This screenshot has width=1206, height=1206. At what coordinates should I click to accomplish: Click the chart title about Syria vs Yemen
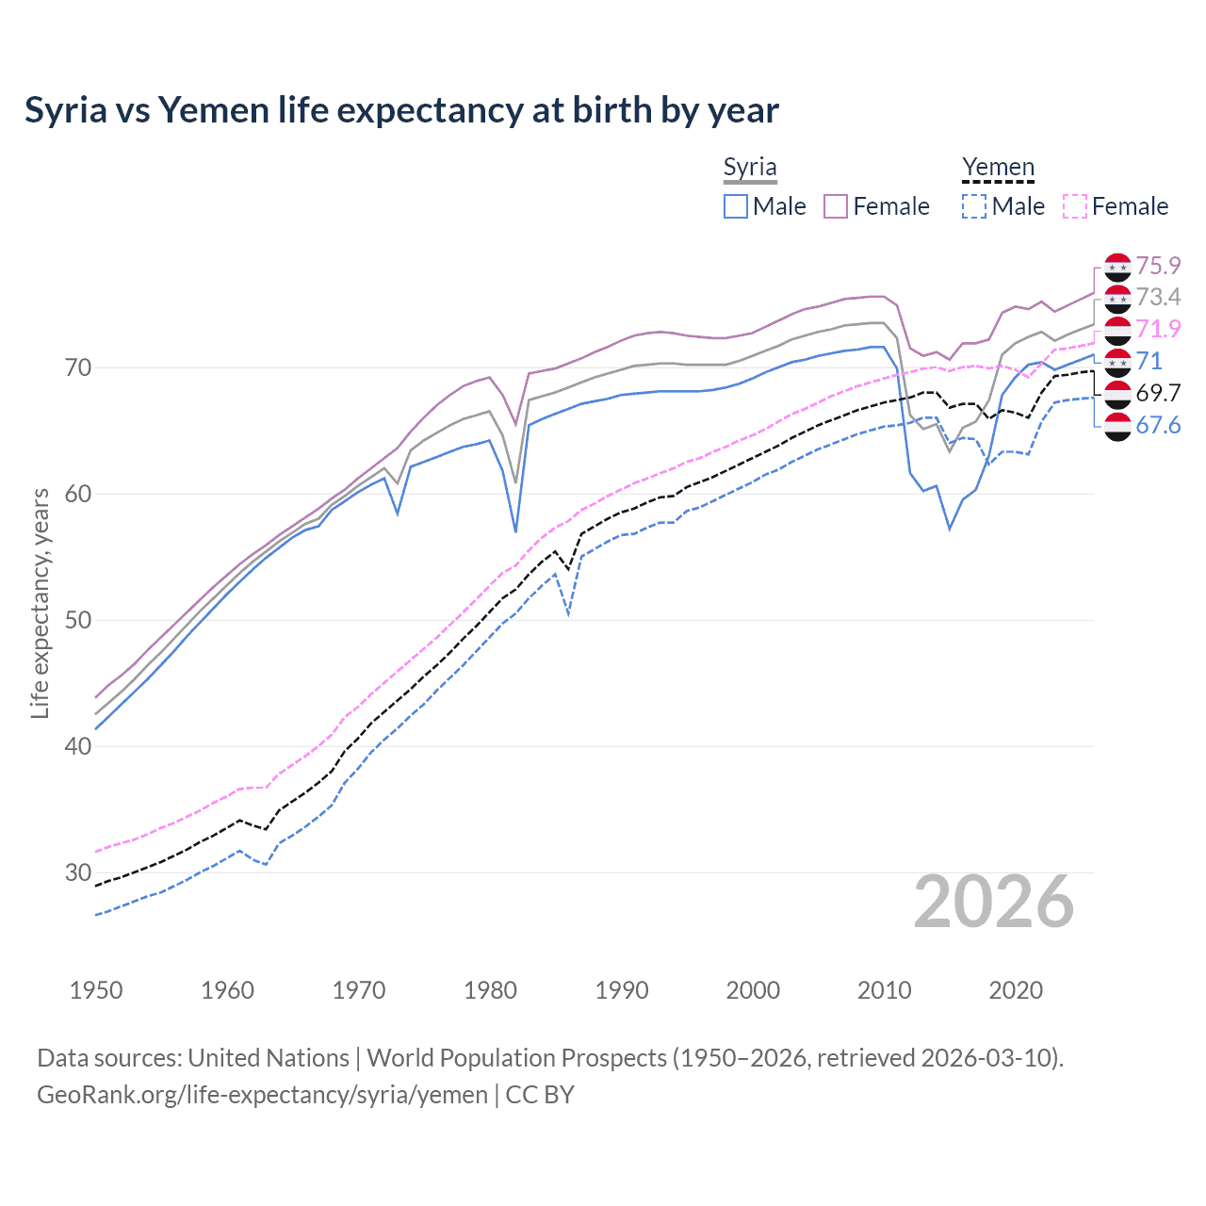pos(401,110)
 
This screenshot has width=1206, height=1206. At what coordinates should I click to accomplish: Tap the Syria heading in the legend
pos(750,167)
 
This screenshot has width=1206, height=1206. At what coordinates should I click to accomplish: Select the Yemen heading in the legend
pos(998,167)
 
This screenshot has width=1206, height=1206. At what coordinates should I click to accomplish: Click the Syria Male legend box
pos(736,206)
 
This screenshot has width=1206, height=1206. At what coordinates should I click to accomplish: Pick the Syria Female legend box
pos(836,206)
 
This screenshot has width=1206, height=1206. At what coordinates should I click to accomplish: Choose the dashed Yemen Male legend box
pos(974,206)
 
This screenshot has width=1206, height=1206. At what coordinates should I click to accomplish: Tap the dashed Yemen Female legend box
pos(1074,206)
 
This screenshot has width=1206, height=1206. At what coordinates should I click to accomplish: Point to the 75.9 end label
pos(1158,266)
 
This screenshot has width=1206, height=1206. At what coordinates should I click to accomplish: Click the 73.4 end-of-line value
pos(1158,298)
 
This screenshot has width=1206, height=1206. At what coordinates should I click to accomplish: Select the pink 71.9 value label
pos(1158,329)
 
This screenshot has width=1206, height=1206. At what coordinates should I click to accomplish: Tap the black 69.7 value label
pos(1158,393)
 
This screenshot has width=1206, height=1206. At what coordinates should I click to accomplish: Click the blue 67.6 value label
pos(1158,425)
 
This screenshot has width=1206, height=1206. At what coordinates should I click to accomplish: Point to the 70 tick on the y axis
pos(78,367)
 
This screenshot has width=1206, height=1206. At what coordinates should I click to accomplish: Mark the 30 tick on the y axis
pos(78,872)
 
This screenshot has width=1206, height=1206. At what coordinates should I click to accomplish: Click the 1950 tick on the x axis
pos(96,990)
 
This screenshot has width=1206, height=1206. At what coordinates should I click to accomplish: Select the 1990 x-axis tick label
pos(622,990)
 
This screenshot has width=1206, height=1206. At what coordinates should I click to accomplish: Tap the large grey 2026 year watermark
pos(993,902)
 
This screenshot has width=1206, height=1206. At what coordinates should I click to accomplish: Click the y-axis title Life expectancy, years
pos(40,603)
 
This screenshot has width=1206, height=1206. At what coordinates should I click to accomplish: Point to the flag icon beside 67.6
pos(1117,426)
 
